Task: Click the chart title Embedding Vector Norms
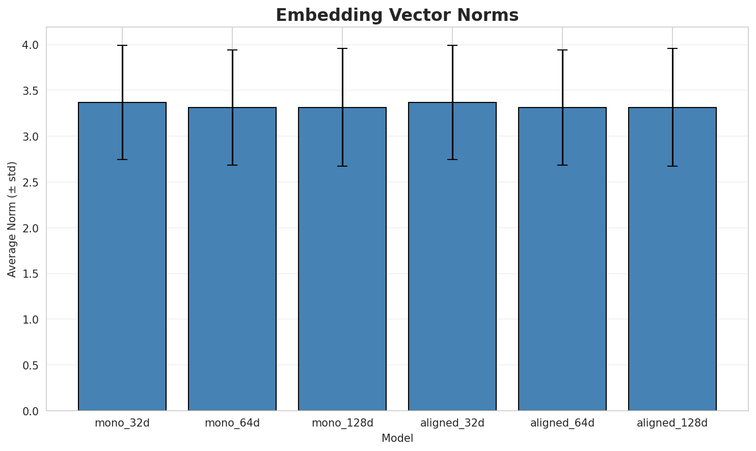coord(397,15)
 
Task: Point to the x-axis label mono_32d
coord(122,423)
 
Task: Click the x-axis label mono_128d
coord(342,423)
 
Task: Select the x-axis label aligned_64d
coord(562,423)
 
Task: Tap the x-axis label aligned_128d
coord(672,423)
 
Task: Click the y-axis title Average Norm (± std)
coord(12,219)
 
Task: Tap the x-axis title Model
coord(397,438)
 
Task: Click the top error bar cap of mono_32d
coord(122,45)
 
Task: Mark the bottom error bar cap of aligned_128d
coord(672,166)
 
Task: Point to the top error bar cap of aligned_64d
coord(562,50)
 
